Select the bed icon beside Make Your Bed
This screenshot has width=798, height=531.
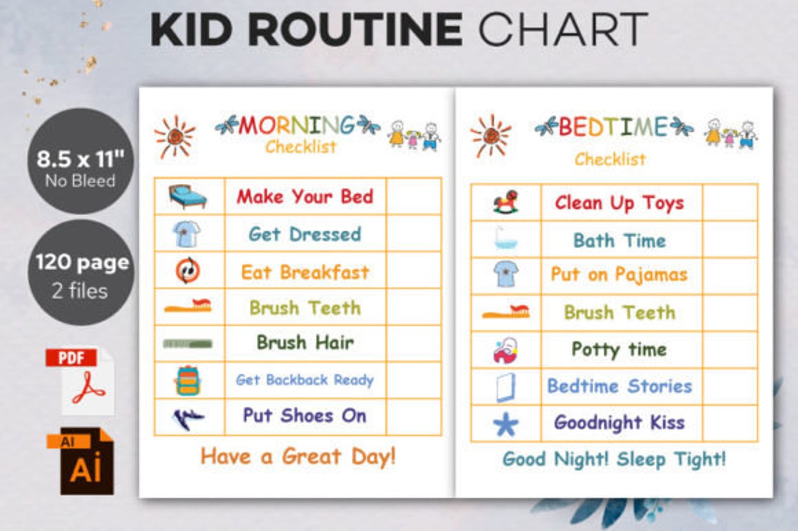click(187, 196)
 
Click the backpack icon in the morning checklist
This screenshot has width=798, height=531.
click(188, 380)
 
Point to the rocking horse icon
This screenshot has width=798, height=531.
click(506, 202)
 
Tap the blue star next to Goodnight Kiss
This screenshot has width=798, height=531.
click(506, 424)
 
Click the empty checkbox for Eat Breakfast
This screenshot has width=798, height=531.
click(413, 271)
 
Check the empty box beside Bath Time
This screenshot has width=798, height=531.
click(730, 240)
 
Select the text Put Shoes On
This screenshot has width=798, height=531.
click(305, 416)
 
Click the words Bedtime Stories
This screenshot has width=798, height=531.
click(620, 386)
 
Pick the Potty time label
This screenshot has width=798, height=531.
click(619, 349)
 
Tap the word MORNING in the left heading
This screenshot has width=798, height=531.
click(296, 126)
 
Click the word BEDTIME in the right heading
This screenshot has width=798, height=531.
click(613, 127)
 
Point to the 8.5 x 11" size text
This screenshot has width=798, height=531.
click(80, 159)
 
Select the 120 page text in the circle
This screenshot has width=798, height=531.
click(82, 263)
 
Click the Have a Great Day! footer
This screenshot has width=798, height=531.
click(298, 457)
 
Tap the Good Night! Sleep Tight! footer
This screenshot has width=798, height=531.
click(614, 459)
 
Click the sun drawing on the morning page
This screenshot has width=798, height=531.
click(174, 136)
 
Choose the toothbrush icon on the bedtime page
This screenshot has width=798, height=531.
click(506, 312)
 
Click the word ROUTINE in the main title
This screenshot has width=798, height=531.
click(355, 30)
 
